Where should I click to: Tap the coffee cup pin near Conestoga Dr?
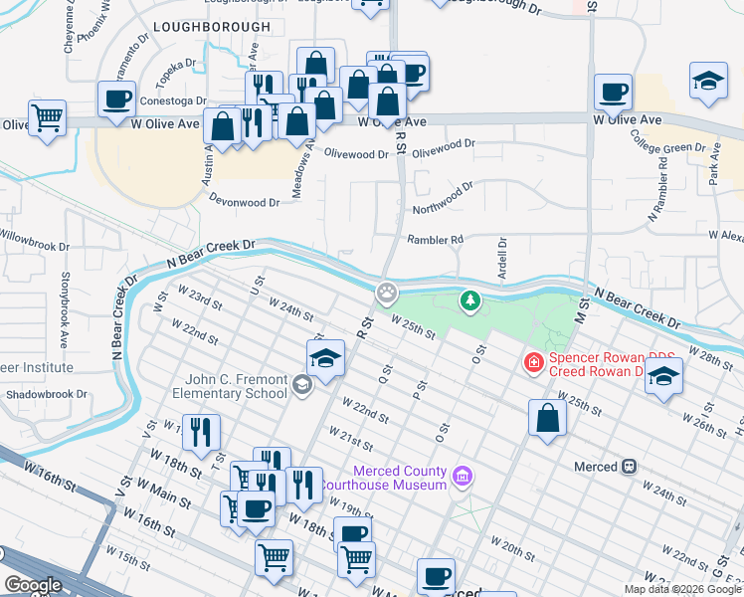(x=116, y=99)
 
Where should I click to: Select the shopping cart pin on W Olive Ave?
(x=47, y=118)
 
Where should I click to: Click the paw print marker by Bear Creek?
(x=386, y=294)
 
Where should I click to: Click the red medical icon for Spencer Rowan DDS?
(x=534, y=363)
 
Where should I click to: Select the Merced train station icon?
(x=629, y=466)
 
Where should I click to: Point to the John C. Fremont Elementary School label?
(x=236, y=385)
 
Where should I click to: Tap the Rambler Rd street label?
(x=435, y=239)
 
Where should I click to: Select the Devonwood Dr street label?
(x=244, y=201)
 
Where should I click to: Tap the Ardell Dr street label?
(x=502, y=258)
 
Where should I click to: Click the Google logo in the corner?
(x=33, y=585)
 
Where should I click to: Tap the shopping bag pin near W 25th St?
(x=546, y=418)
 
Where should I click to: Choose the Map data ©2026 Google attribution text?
(x=683, y=589)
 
